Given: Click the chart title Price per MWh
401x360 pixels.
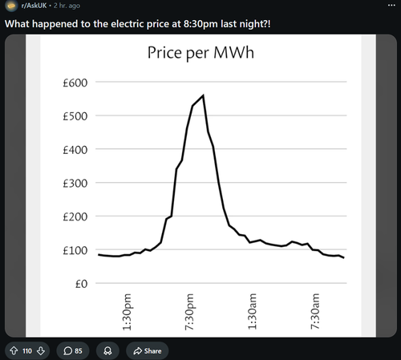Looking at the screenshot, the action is point(200,53).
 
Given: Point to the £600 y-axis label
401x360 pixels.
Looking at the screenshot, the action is point(75,83).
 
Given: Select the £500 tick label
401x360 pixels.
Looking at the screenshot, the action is point(75,116).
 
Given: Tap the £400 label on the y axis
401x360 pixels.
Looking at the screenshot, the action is point(75,150).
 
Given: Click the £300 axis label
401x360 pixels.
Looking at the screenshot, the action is point(75,184).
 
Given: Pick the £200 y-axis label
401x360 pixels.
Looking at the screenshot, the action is point(75,216).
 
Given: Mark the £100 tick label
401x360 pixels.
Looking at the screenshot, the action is point(75,250).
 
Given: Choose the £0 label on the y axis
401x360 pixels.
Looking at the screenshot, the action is point(81,284).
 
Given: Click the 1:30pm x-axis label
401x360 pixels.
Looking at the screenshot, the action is point(127,312).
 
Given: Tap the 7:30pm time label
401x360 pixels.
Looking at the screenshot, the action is point(189,312).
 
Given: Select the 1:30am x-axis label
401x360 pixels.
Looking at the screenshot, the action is point(252,312).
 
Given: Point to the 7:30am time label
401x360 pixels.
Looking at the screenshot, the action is point(315,312).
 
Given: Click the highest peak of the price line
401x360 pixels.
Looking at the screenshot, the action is point(204,95).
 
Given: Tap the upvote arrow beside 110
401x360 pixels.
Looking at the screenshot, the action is point(14,350).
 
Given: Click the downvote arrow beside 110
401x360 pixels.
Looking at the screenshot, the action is point(41,350).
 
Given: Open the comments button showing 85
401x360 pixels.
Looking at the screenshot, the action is point(73,350).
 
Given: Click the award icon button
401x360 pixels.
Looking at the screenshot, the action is point(107,350).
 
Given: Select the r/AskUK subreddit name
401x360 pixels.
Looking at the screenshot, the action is point(34,6).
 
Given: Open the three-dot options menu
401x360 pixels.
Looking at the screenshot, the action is point(391,6).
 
